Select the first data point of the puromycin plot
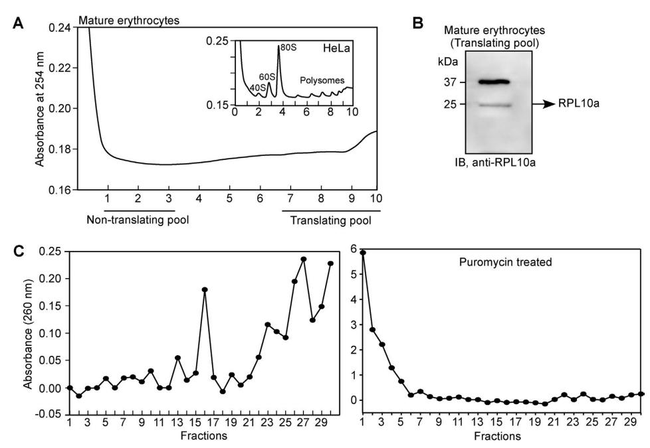click(363, 253)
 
